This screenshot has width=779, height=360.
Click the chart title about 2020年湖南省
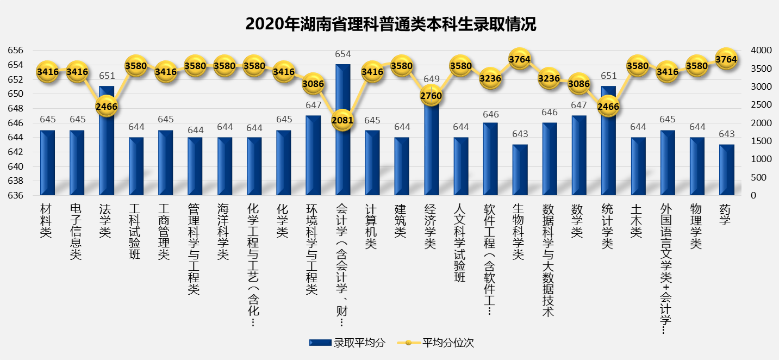pyautogui.click(x=390, y=24)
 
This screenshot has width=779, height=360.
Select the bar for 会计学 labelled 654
pyautogui.click(x=342, y=158)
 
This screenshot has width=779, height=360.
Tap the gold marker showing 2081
pyautogui.click(x=342, y=119)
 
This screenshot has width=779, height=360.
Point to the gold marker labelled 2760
pyautogui.click(x=431, y=96)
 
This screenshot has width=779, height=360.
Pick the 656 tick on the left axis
pyautogui.click(x=16, y=51)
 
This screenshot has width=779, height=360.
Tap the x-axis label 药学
pyautogui.click(x=726, y=215)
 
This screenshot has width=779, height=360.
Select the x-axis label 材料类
pyautogui.click(x=47, y=221)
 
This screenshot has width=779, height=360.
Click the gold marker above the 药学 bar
pyautogui.click(x=726, y=59)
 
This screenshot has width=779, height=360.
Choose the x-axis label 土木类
pyautogui.click(x=638, y=221)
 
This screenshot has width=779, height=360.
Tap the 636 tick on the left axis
pyautogui.click(x=16, y=195)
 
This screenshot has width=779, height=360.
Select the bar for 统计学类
pyautogui.click(x=608, y=158)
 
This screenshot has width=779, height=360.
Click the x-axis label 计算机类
pyautogui.click(x=372, y=226)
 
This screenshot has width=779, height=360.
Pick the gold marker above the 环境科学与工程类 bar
pyautogui.click(x=313, y=84)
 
